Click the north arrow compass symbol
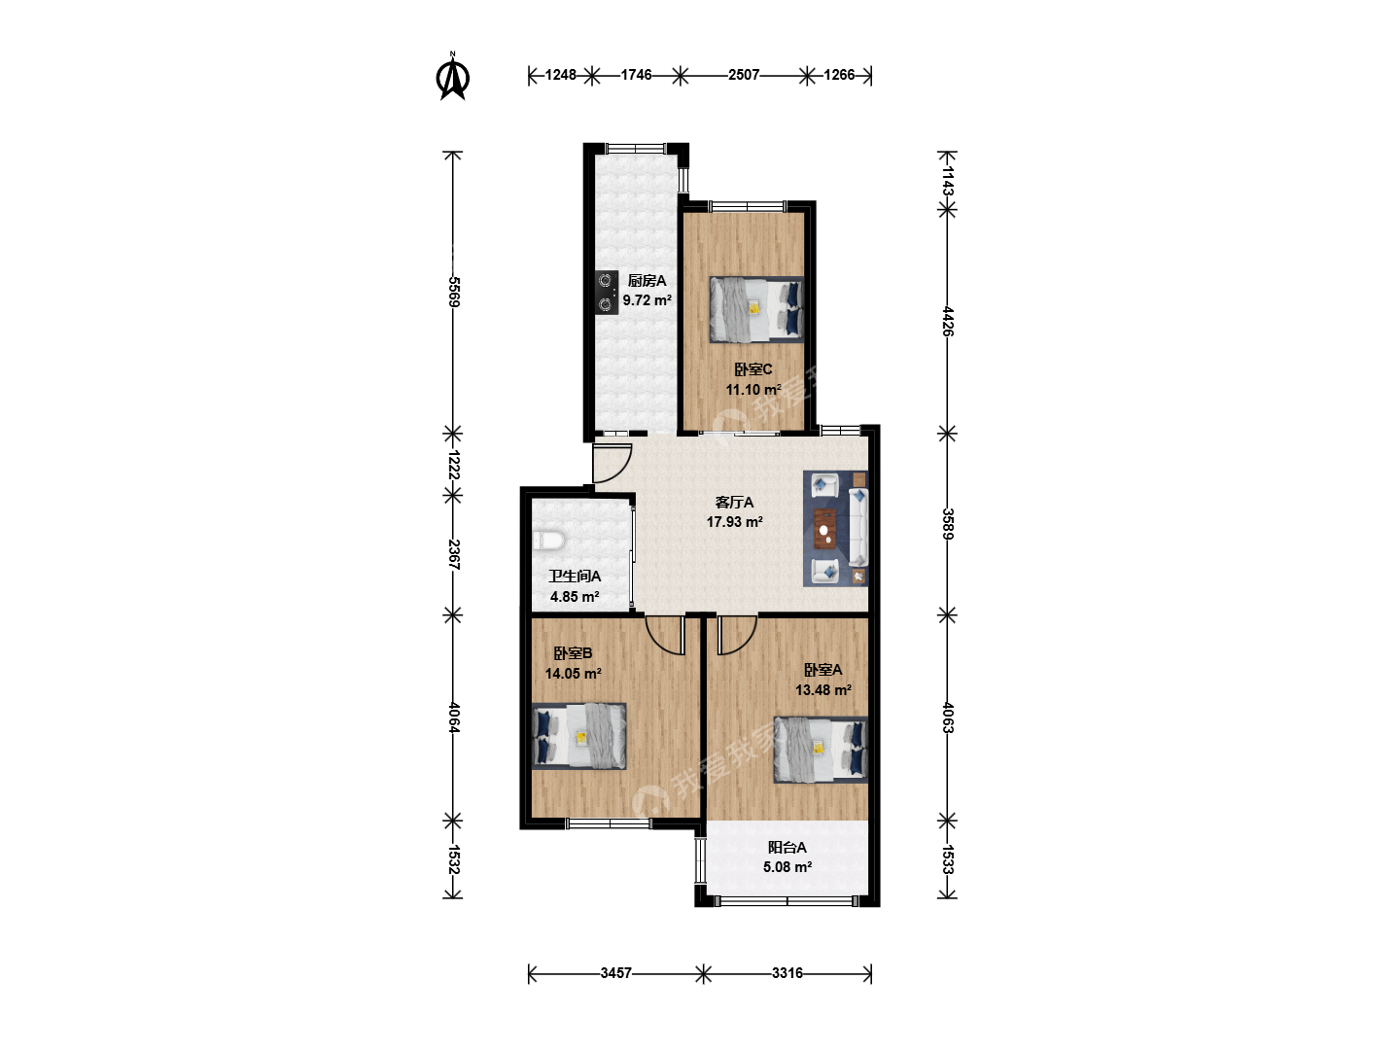click(x=452, y=77)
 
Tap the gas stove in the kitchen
click(x=607, y=293)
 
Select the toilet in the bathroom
click(x=548, y=541)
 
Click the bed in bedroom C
click(x=756, y=309)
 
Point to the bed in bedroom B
click(x=579, y=736)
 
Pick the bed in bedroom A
click(x=821, y=750)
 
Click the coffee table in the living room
click(x=825, y=528)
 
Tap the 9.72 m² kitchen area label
click(x=647, y=299)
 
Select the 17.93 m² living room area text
click(x=734, y=521)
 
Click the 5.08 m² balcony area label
click(x=787, y=867)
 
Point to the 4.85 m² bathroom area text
click(x=574, y=597)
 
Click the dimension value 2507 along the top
click(x=744, y=75)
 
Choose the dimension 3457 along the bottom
click(x=615, y=973)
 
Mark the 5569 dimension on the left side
click(x=453, y=292)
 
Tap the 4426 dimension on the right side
click(x=948, y=321)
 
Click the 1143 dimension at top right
click(x=948, y=181)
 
